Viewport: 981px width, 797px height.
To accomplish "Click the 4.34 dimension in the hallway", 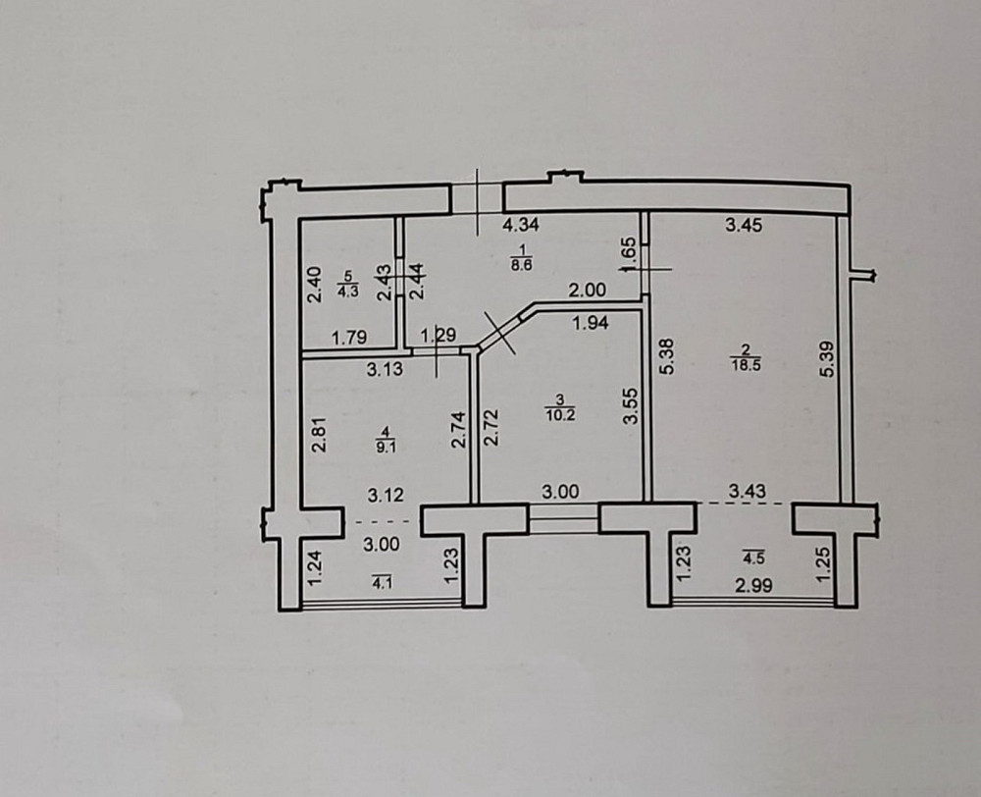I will point(521,225).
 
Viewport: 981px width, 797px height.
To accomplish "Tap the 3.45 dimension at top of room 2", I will point(743,225).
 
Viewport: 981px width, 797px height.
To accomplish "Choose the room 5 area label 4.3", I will point(346,284).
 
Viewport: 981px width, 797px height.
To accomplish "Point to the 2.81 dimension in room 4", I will point(317,433).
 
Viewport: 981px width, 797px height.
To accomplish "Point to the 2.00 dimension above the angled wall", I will point(590,290).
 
